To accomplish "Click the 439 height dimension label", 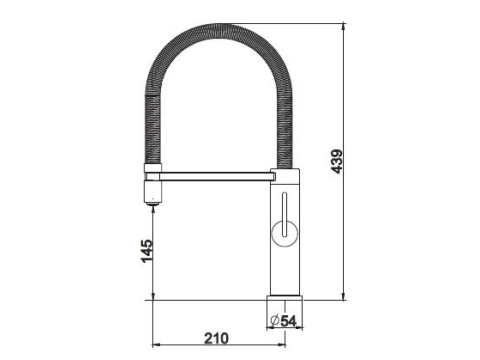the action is [337, 161].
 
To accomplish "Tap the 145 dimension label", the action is [147, 251].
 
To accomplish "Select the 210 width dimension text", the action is [217, 338].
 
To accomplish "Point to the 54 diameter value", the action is [288, 321].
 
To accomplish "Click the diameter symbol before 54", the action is [275, 321].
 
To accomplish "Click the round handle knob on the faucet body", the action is [284, 233].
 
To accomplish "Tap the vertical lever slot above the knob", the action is [284, 214].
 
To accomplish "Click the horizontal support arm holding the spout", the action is [216, 176].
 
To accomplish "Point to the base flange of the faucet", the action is [285, 298].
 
